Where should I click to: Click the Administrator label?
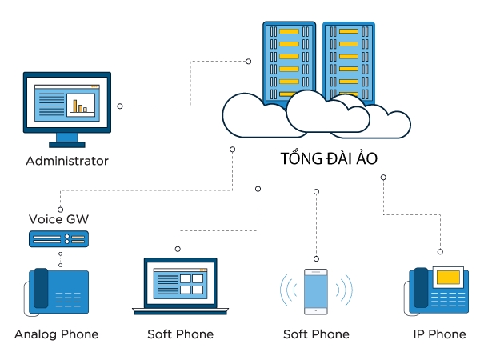pyautogui.click(x=67, y=161)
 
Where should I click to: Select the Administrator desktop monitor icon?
pyautogui.click(x=67, y=109)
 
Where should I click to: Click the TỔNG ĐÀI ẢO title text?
pyautogui.click(x=329, y=158)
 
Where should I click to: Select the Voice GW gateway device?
pyautogui.click(x=58, y=238)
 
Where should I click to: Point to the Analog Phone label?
pyautogui.click(x=56, y=334)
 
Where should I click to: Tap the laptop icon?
pyautogui.click(x=180, y=286)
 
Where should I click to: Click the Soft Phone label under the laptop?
pyautogui.click(x=180, y=334)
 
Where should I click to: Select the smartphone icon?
pyautogui.click(x=316, y=291)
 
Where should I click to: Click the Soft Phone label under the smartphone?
pyautogui.click(x=316, y=334)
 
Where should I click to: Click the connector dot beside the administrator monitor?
pyautogui.click(x=120, y=106)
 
